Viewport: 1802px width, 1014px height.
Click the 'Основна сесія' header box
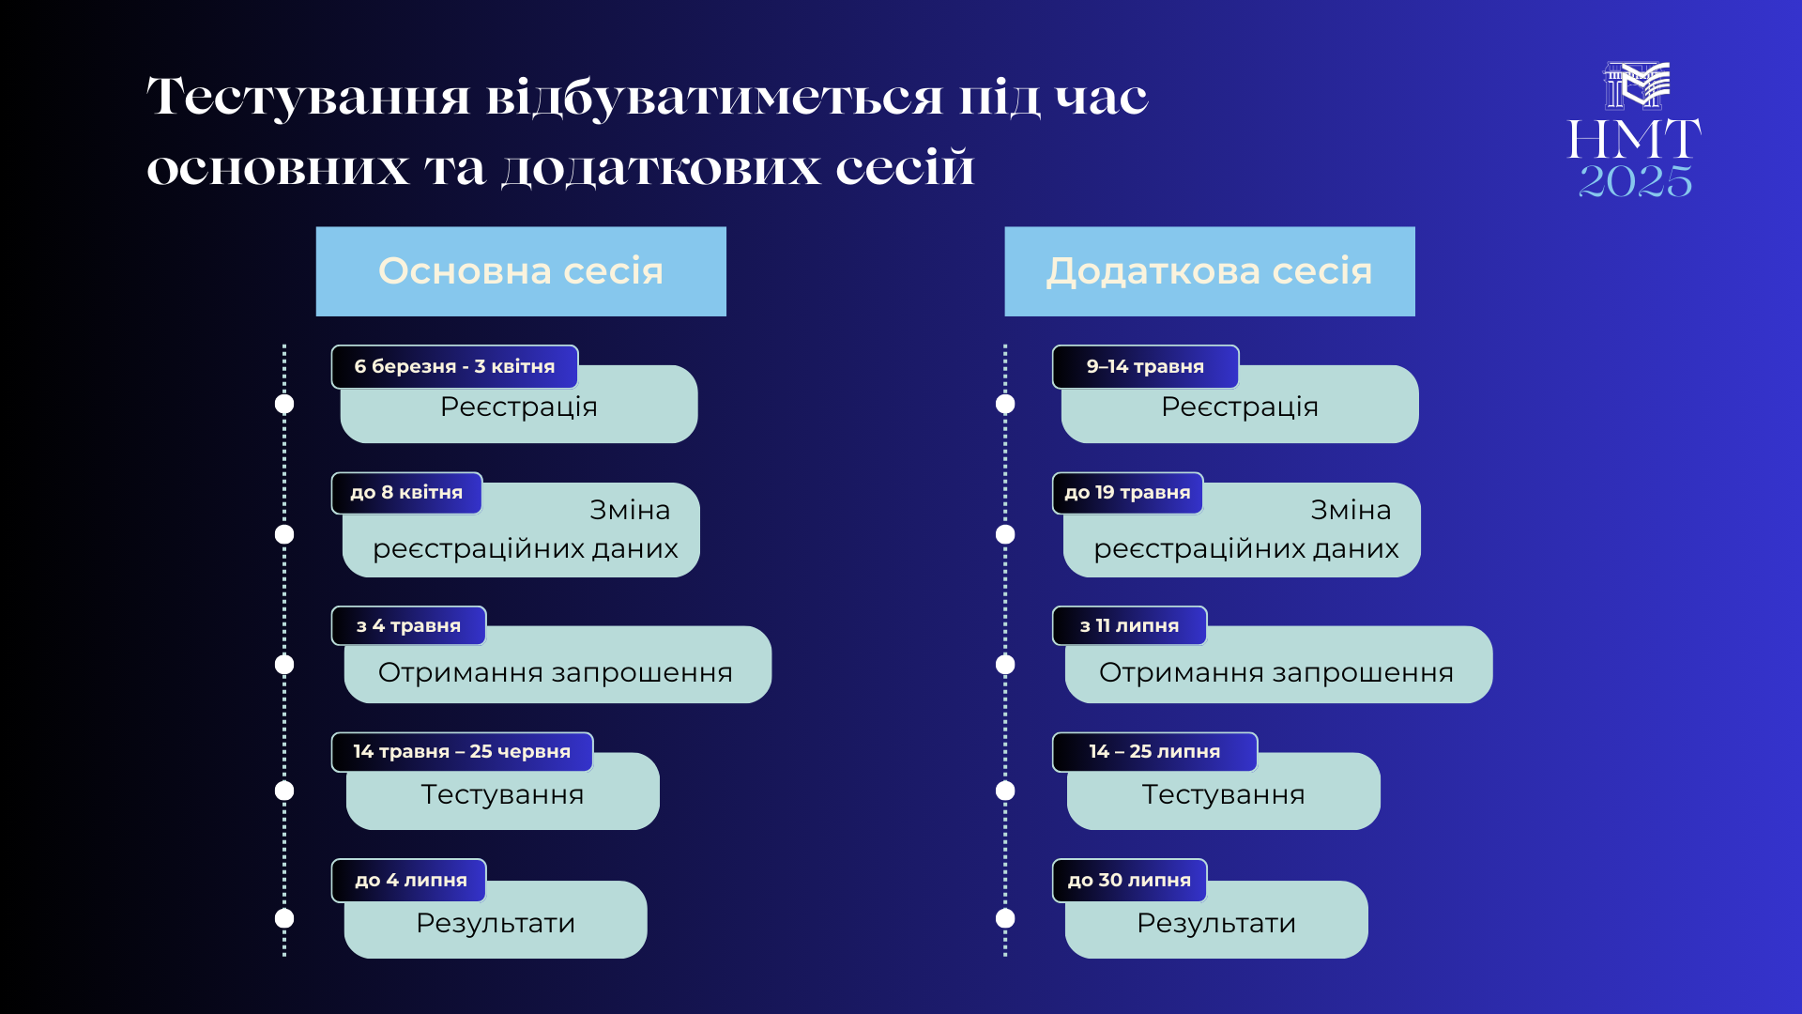521,271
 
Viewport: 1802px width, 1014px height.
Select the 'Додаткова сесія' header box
1210,271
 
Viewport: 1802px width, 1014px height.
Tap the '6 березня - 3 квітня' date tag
454,366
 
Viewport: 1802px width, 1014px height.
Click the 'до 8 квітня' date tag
406,493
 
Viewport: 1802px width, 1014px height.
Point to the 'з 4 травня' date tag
408,625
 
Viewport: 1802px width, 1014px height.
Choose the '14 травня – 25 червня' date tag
462,751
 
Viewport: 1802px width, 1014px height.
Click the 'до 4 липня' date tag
410,880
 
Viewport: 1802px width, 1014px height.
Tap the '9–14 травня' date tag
1145,366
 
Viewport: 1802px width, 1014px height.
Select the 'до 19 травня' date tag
1127,493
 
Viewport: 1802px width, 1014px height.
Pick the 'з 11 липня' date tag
1129,625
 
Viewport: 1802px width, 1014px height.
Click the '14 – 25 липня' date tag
1154,751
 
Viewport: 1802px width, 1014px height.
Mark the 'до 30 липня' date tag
1129,880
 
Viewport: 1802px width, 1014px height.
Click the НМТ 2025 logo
1635,130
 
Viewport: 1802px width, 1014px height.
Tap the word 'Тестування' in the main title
309,96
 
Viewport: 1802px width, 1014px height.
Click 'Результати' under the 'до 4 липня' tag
496,923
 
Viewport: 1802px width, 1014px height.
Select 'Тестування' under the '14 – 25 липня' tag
1223,794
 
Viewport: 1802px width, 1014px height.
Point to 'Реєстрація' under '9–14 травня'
1240,407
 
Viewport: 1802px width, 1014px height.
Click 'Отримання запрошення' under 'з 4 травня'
556,672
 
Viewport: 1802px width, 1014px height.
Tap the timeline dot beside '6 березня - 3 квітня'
284,404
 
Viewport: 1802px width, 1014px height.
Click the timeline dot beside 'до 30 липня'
1005,918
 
